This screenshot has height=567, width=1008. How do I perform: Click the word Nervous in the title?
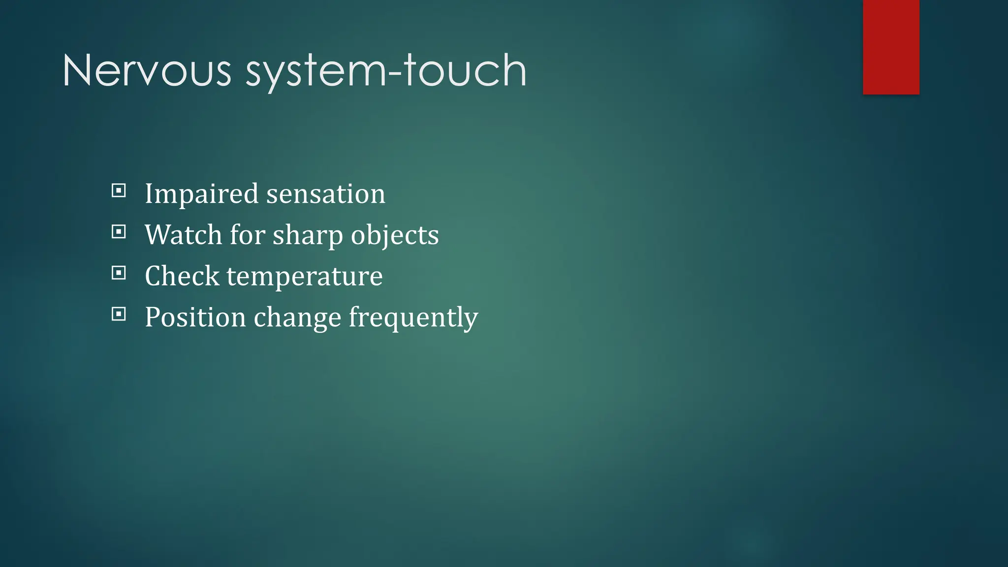click(x=147, y=71)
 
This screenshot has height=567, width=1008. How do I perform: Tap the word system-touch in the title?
click(x=386, y=71)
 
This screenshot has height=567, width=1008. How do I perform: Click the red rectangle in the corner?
click(x=891, y=47)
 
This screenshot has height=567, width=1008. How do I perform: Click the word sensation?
click(x=325, y=194)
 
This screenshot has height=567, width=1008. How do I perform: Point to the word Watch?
click(x=183, y=235)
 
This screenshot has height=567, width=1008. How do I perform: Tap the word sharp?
click(x=308, y=236)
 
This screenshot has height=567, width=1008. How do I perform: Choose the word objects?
click(x=394, y=236)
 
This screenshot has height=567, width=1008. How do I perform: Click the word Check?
click(x=182, y=276)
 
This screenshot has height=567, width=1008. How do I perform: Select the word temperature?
click(x=304, y=277)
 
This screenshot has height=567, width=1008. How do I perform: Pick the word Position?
click(x=195, y=317)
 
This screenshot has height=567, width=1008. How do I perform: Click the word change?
click(x=297, y=318)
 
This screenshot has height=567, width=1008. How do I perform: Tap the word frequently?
click(x=413, y=318)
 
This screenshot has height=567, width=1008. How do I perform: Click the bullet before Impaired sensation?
click(x=119, y=190)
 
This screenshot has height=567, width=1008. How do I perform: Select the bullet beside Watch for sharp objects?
click(x=119, y=231)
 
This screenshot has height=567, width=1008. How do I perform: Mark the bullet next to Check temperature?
click(x=119, y=273)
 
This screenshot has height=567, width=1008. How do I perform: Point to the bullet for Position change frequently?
click(x=119, y=314)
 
